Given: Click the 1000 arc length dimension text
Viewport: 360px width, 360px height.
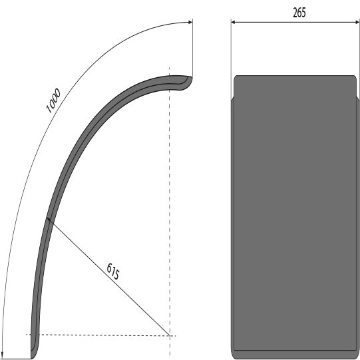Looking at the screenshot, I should [x=54, y=100].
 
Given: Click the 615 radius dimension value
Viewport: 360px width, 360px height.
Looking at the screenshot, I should [x=114, y=273].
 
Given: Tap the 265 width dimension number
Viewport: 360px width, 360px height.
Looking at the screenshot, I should [x=299, y=13].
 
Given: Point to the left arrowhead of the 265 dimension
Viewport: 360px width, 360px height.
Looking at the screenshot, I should [x=234, y=22].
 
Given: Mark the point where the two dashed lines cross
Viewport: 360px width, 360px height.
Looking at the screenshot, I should [x=170, y=335].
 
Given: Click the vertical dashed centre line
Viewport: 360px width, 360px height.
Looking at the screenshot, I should [x=170, y=200].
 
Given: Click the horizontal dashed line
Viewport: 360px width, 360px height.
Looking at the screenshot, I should [x=100, y=335].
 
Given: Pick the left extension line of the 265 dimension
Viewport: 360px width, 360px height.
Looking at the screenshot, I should [x=231, y=53].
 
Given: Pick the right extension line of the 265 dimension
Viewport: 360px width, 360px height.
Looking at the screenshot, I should [x=357, y=53].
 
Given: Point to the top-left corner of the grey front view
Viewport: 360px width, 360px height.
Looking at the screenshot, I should [x=235, y=77].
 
